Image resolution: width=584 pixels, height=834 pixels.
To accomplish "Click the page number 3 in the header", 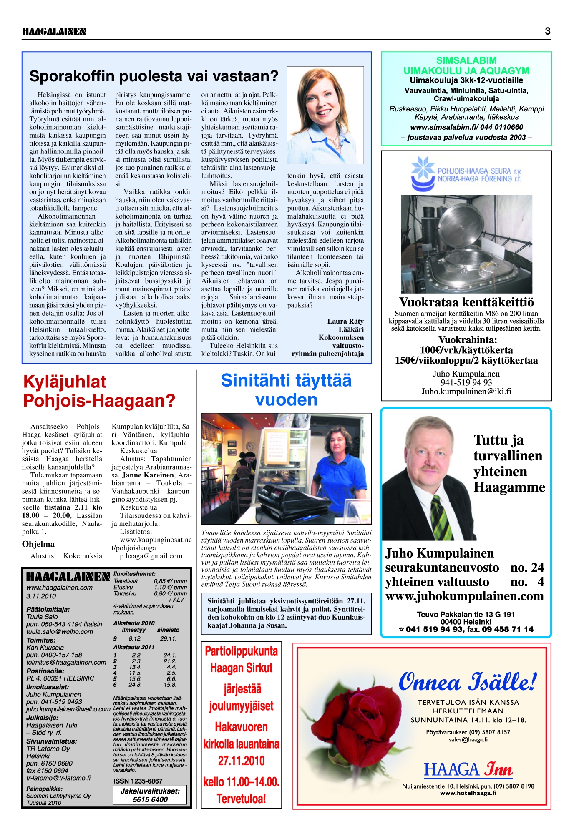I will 547,31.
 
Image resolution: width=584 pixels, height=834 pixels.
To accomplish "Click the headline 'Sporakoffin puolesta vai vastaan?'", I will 154,76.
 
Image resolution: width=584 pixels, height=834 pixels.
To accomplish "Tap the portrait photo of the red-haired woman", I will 325,115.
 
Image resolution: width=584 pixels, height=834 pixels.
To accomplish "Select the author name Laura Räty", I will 345,321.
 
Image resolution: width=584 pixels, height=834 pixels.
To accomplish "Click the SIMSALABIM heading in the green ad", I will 466,60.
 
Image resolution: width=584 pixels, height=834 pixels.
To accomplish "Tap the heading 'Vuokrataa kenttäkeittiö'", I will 466,302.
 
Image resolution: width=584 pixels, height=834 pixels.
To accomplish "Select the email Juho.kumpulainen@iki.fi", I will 466,392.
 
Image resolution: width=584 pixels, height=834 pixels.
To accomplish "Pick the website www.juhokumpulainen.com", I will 464,596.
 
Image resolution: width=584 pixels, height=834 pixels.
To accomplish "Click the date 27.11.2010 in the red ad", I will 241,761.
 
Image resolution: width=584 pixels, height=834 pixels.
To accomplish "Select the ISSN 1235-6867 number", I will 138,781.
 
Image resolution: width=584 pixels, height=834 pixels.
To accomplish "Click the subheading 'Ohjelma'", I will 38,544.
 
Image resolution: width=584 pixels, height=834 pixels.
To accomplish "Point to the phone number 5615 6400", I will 150,799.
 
